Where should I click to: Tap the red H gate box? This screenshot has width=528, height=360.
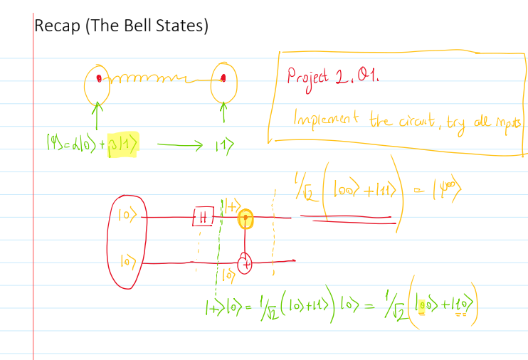tap(202, 217)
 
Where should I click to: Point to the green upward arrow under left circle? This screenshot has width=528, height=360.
tap(98, 114)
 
